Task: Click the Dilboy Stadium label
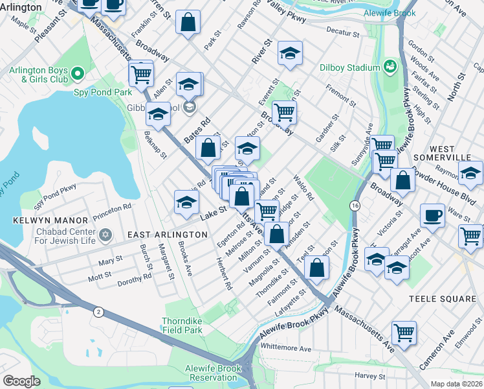(x=349, y=67)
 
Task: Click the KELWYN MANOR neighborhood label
(x=41, y=221)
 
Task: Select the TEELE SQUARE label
(x=442, y=299)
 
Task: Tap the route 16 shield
(x=355, y=206)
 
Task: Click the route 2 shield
(x=98, y=312)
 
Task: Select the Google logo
(x=21, y=381)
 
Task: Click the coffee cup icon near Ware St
(x=432, y=215)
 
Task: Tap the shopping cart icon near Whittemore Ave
(x=404, y=333)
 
